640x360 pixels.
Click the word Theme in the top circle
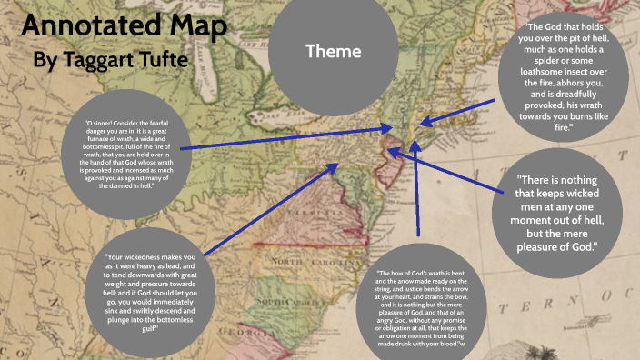click(333, 52)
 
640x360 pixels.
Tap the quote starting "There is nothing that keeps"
click(557, 213)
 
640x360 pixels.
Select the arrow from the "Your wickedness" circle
click(273, 209)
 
